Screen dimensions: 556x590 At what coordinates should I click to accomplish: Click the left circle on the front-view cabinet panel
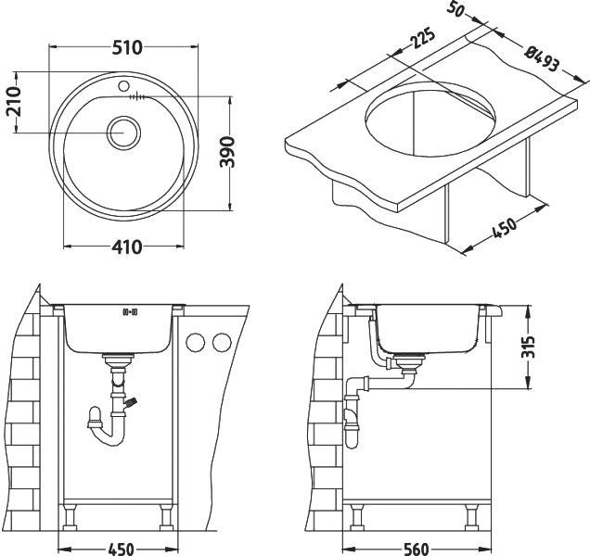[x=196, y=343]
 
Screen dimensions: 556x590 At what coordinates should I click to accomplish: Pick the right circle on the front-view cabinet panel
[x=220, y=343]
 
